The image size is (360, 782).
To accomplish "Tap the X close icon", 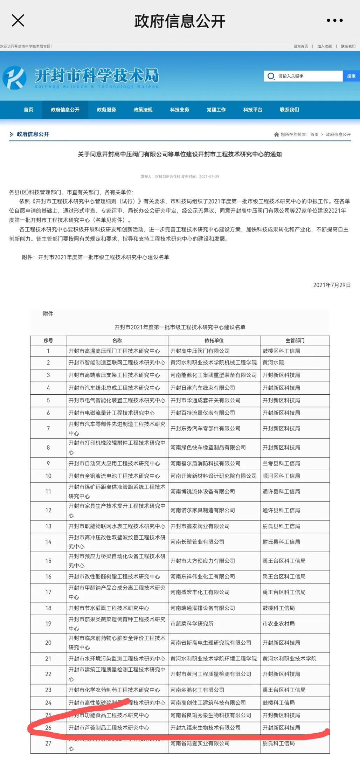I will [x=18, y=21].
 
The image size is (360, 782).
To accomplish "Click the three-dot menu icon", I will [x=334, y=21].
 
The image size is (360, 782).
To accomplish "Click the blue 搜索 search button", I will [x=351, y=76].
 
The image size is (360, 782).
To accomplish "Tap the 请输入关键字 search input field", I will [x=305, y=76].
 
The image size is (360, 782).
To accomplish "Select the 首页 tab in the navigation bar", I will [x=28, y=110].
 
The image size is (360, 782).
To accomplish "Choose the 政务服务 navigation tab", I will [x=106, y=110].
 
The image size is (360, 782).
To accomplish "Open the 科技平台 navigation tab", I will [x=252, y=110].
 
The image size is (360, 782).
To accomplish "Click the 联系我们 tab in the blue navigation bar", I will [x=289, y=110].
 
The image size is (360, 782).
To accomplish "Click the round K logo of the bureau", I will [x=14, y=77].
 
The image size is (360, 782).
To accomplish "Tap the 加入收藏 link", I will [x=324, y=46].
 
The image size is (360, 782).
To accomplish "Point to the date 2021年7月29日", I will [x=332, y=285].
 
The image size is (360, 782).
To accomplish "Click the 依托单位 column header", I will [x=214, y=340].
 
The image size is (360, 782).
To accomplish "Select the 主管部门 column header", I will [x=295, y=340].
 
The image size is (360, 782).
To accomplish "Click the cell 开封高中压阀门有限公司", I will [x=200, y=351].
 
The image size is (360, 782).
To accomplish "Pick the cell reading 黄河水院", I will [x=273, y=362].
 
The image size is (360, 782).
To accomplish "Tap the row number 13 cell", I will [x=48, y=526].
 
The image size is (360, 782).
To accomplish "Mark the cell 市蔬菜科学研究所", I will [x=192, y=624].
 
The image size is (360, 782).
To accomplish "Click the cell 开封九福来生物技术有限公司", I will [x=205, y=728].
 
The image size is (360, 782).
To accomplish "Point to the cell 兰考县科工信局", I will [x=281, y=463].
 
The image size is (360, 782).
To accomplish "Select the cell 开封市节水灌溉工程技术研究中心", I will [x=109, y=608].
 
